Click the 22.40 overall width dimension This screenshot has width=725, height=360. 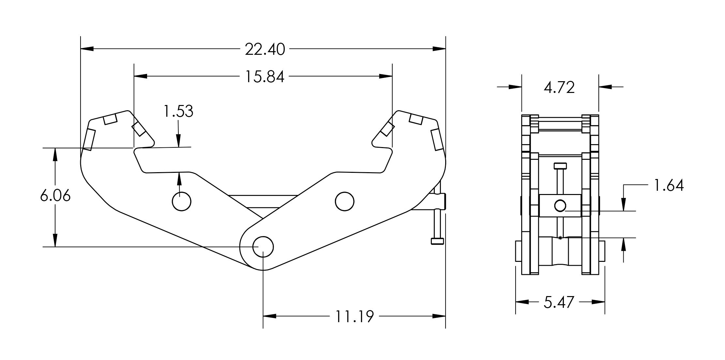coord(265,50)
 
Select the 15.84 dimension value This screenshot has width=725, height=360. coord(265,77)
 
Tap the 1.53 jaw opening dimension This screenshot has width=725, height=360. coord(178,111)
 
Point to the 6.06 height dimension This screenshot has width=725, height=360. coord(55,196)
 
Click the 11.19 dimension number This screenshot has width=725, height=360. coord(355,316)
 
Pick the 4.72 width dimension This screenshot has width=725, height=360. coord(559,87)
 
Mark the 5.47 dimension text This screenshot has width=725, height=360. coord(559,302)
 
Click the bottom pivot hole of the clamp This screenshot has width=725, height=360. coord(263,247)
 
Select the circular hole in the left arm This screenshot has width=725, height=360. coord(181,202)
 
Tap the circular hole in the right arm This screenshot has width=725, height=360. coord(344,202)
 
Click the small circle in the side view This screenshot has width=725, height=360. coord(560,206)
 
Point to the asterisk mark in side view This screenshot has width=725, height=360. coord(560,238)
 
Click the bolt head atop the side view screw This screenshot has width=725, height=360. coord(560,166)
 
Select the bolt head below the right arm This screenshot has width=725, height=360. coord(437,241)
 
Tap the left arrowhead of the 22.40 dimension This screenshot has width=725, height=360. coord(87,49)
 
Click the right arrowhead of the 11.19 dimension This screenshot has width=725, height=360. coord(439,316)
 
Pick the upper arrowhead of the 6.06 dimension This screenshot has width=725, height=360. coord(55,155)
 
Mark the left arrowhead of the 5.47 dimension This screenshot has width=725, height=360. coord(522,302)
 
